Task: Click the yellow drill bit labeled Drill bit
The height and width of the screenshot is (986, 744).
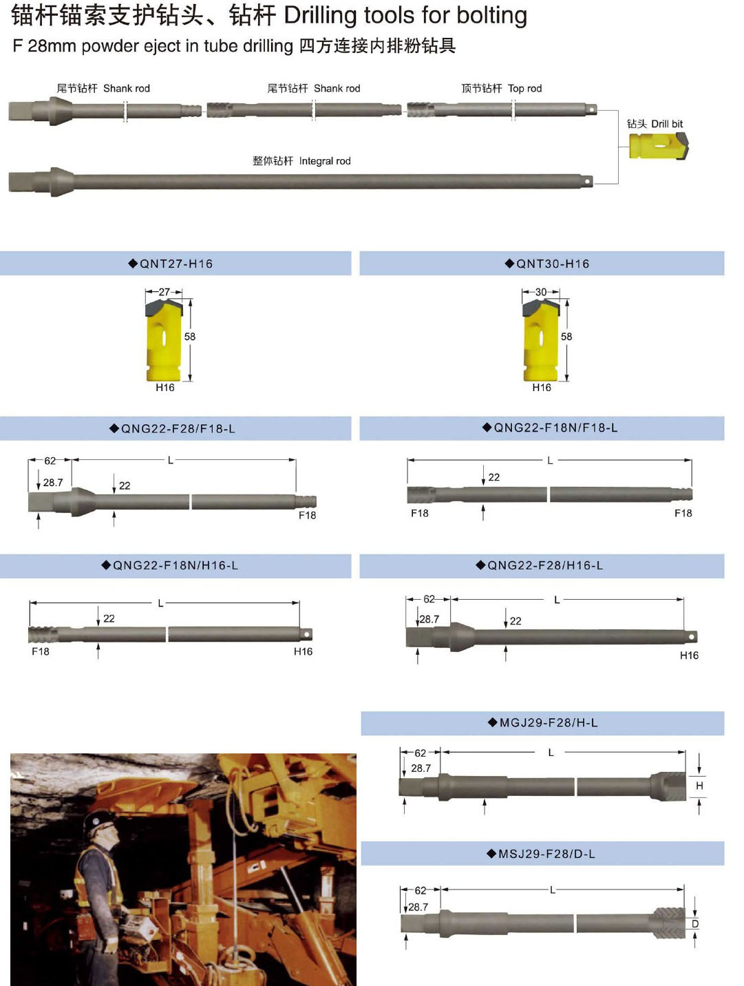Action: point(658,145)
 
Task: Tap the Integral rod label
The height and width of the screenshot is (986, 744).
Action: point(325,161)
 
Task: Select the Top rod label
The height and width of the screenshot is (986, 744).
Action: point(524,88)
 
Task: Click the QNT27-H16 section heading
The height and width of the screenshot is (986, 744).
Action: point(171,264)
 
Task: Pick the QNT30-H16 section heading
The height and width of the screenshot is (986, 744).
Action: point(547,264)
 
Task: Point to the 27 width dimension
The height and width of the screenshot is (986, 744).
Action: point(164,291)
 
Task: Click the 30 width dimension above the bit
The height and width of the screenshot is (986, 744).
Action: point(540,291)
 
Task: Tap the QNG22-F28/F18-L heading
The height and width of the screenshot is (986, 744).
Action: point(173,428)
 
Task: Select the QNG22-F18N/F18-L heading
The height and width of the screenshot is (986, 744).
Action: point(550,428)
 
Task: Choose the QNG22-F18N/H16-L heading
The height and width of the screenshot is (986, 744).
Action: point(170,565)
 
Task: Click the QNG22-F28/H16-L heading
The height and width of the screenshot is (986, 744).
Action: point(540,565)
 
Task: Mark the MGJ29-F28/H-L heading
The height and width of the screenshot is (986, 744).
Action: point(542,722)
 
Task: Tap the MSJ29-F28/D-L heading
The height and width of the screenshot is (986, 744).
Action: point(541,854)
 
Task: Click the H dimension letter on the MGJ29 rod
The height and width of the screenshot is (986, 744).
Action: point(699,786)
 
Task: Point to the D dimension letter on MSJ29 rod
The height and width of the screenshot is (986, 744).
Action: point(695,923)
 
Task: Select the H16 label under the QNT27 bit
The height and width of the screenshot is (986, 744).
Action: point(164,387)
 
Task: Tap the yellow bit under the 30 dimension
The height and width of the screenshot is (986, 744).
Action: point(541,341)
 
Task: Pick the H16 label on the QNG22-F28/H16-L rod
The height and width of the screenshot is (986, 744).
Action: point(689,655)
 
